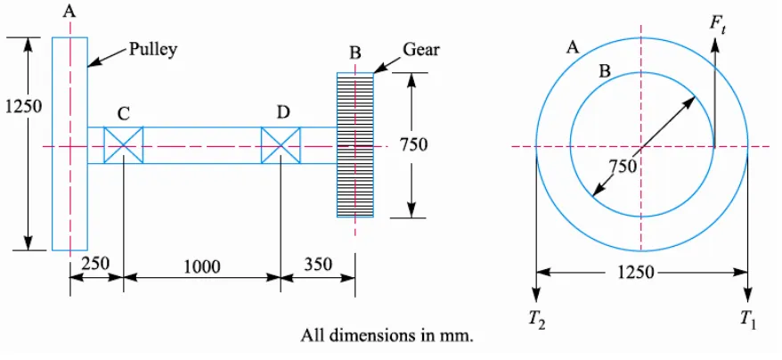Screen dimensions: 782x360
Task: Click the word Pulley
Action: click(153, 50)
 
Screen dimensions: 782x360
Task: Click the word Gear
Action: click(421, 49)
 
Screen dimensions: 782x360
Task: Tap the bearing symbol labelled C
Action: click(123, 144)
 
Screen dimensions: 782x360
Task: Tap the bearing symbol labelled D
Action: click(281, 144)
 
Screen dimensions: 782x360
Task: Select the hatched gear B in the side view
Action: click(355, 144)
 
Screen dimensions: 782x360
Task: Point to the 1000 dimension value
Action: click(202, 267)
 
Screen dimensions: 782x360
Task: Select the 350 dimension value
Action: click(317, 264)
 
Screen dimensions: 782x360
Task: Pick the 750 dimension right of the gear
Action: click(413, 144)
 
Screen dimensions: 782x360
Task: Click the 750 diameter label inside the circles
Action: click(623, 165)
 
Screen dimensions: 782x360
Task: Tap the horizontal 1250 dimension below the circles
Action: click(635, 273)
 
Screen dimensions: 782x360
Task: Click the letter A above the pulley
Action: click(69, 11)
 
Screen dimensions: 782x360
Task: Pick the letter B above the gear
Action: click(354, 52)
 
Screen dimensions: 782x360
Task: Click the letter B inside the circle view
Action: click(605, 71)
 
